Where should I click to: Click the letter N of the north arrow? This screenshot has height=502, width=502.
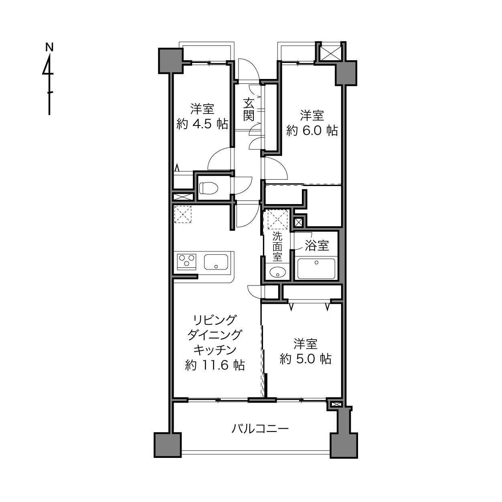click(x=49, y=47)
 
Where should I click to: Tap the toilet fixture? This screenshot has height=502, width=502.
click(x=208, y=188)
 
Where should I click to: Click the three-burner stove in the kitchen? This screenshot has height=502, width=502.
click(x=186, y=261)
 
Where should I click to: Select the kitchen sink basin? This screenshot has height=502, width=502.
click(x=216, y=262)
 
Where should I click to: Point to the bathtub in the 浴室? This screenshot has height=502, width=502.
click(x=316, y=269)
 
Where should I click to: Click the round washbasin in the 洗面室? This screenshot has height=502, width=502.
click(x=277, y=273)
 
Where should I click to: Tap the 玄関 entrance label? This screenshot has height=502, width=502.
click(x=249, y=110)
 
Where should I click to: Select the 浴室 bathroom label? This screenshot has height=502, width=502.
click(x=317, y=245)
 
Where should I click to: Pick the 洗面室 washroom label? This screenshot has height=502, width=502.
click(x=277, y=247)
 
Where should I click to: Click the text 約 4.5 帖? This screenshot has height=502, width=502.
click(x=202, y=124)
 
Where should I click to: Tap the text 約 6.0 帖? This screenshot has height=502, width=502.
click(x=312, y=131)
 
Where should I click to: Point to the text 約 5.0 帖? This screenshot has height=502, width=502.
click(x=306, y=359)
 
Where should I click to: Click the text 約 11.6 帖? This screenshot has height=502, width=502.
click(x=215, y=365)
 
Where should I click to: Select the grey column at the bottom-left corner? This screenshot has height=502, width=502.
click(x=168, y=445)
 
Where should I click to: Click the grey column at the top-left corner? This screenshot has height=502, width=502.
click(x=171, y=61)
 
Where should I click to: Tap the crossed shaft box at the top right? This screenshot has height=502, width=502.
click(x=330, y=54)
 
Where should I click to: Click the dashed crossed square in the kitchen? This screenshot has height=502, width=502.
click(x=182, y=214)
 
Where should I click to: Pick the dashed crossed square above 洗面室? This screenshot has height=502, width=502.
click(x=278, y=219)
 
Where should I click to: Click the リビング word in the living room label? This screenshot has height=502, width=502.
click(x=215, y=320)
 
